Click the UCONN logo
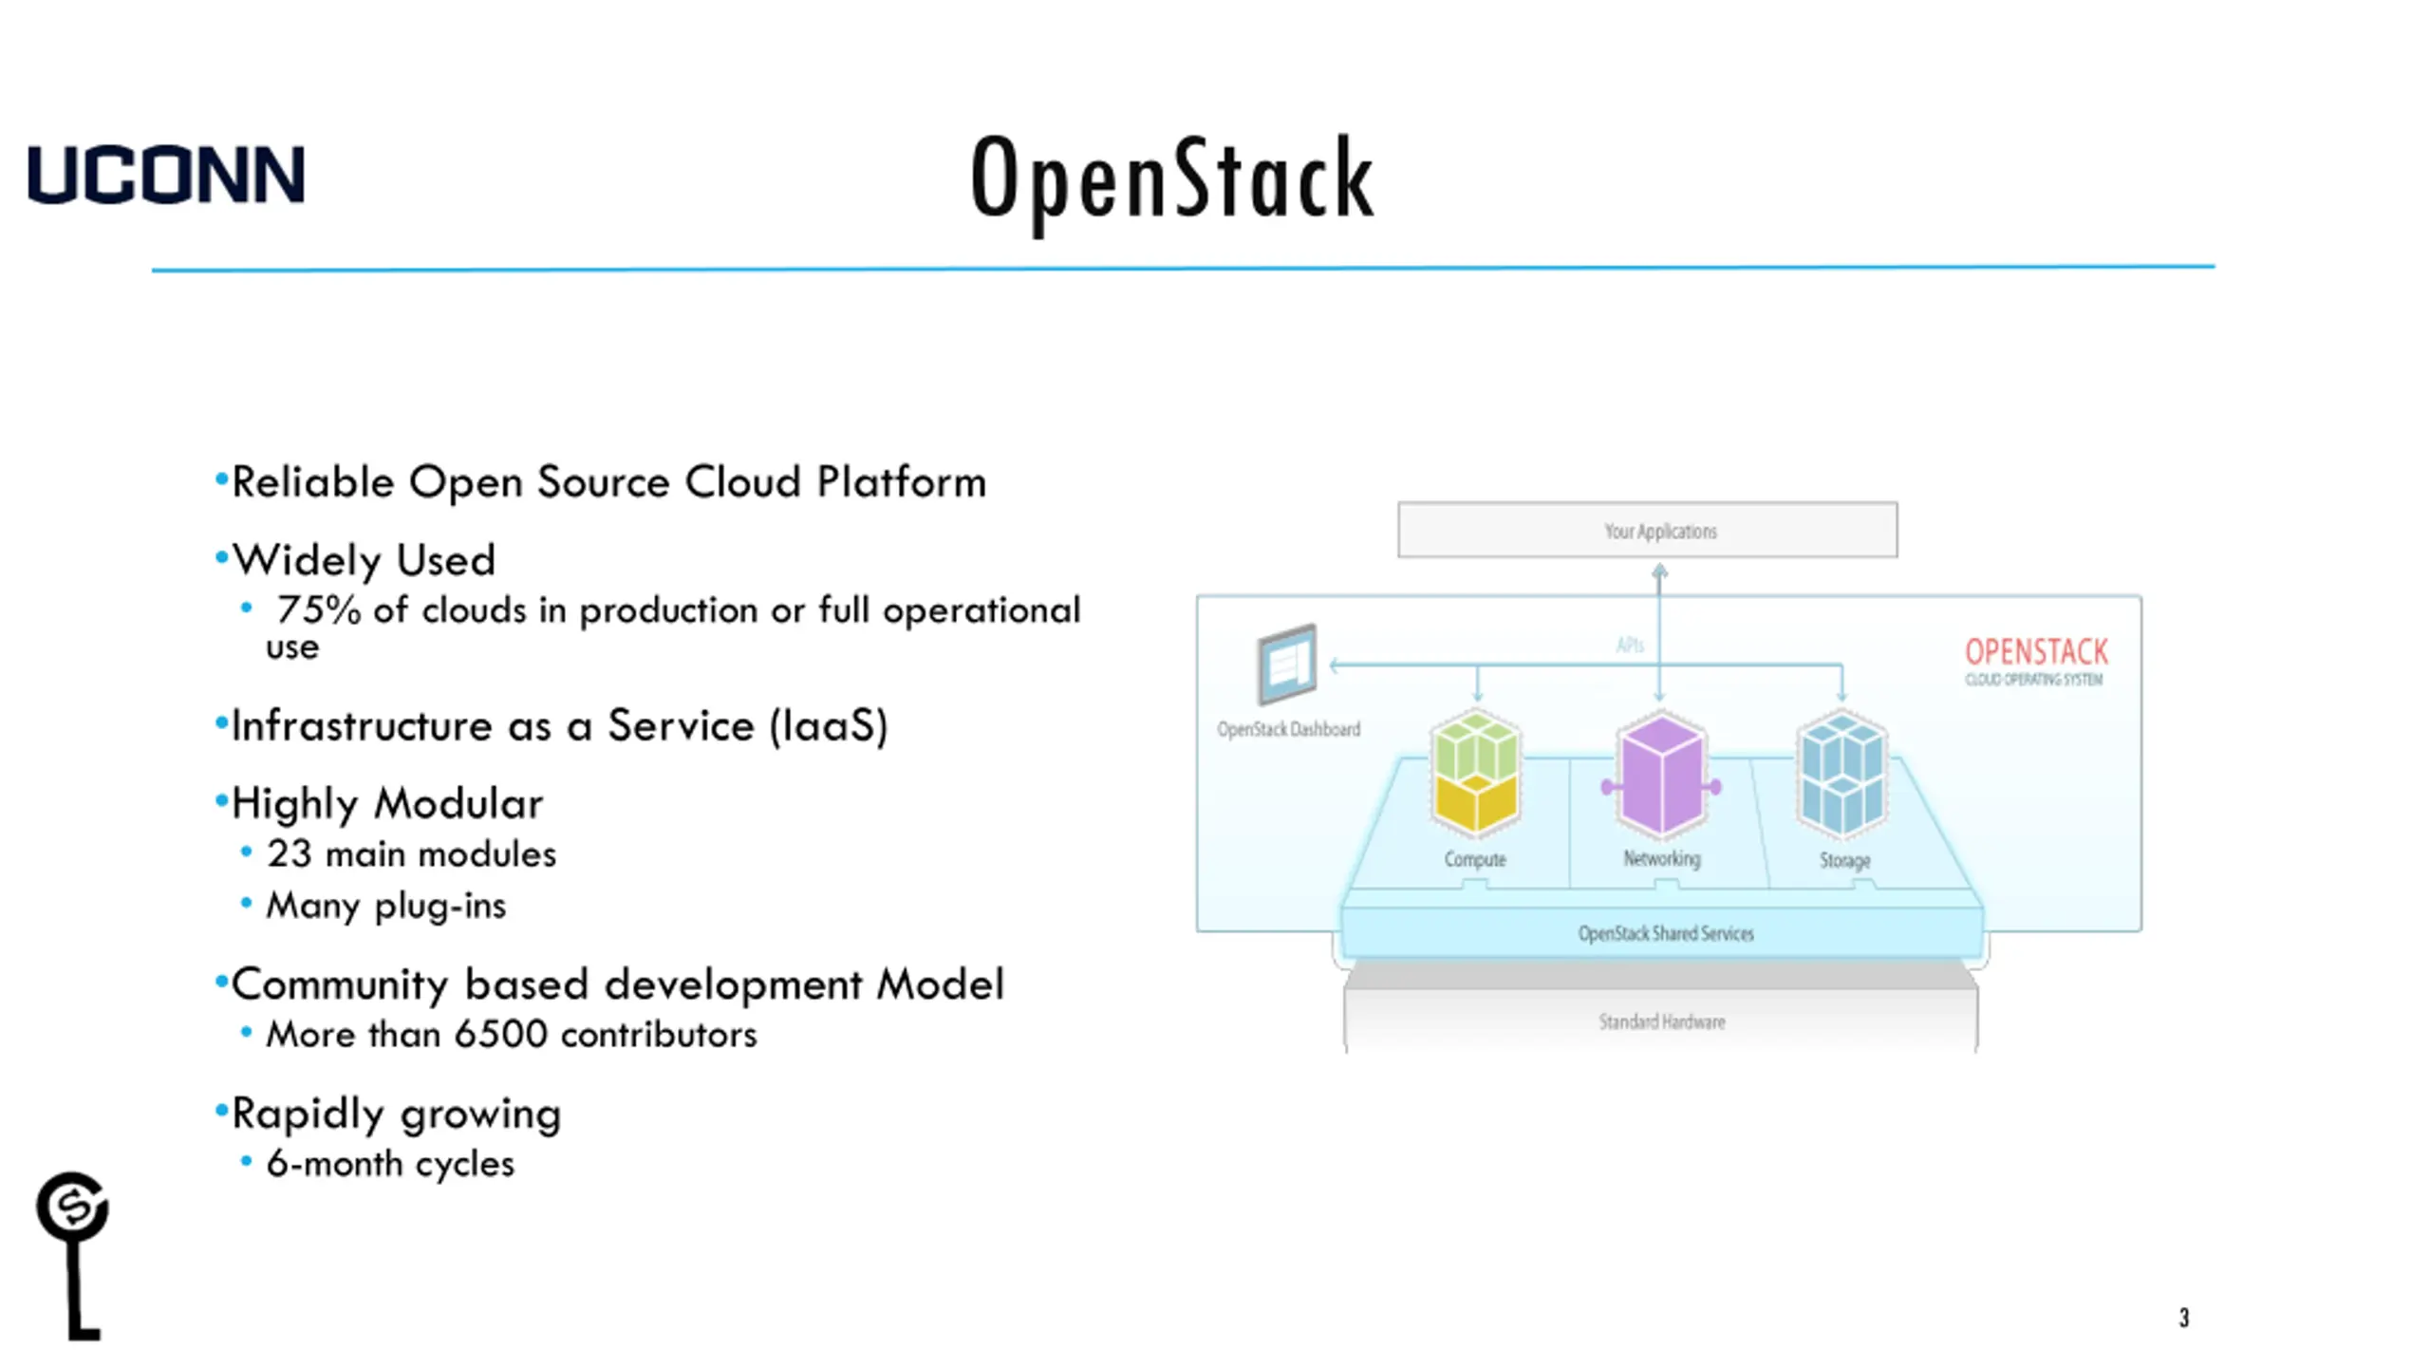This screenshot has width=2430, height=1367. click(166, 175)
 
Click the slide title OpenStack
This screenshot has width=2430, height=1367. click(1172, 179)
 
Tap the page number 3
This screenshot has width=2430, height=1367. click(2183, 1318)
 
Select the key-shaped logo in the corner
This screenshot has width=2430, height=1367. click(73, 1253)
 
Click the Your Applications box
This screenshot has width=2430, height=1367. click(1647, 530)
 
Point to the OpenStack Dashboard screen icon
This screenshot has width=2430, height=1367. click(1286, 664)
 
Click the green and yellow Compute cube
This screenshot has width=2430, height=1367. click(1475, 774)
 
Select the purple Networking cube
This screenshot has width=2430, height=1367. click(1661, 774)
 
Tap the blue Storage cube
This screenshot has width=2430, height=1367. click(1842, 774)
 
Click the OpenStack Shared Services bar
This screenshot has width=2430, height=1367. click(1665, 933)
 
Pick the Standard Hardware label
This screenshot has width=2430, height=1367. click(1661, 1021)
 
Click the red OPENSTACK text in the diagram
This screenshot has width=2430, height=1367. click(2036, 652)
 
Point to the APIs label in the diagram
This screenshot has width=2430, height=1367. click(1630, 646)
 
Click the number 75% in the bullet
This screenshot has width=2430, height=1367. click(318, 610)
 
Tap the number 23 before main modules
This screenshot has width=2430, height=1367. click(289, 853)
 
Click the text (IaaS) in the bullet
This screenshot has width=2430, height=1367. click(829, 726)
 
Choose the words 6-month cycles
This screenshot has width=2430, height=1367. click(390, 1163)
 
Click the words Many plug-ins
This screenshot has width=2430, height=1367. click(385, 906)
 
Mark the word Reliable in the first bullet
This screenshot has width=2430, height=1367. click(313, 482)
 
